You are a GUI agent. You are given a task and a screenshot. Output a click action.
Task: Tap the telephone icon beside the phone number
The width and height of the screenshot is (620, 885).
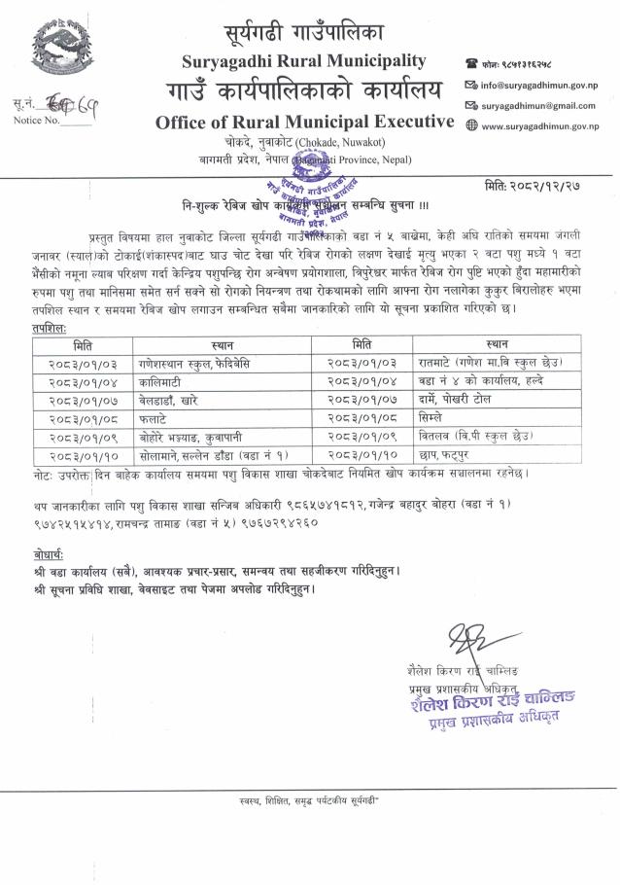coord(471,62)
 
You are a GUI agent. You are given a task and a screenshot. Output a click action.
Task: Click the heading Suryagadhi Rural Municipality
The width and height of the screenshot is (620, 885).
coord(304,61)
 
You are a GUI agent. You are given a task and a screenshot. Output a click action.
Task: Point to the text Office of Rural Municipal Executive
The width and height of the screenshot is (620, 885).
coord(304,122)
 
